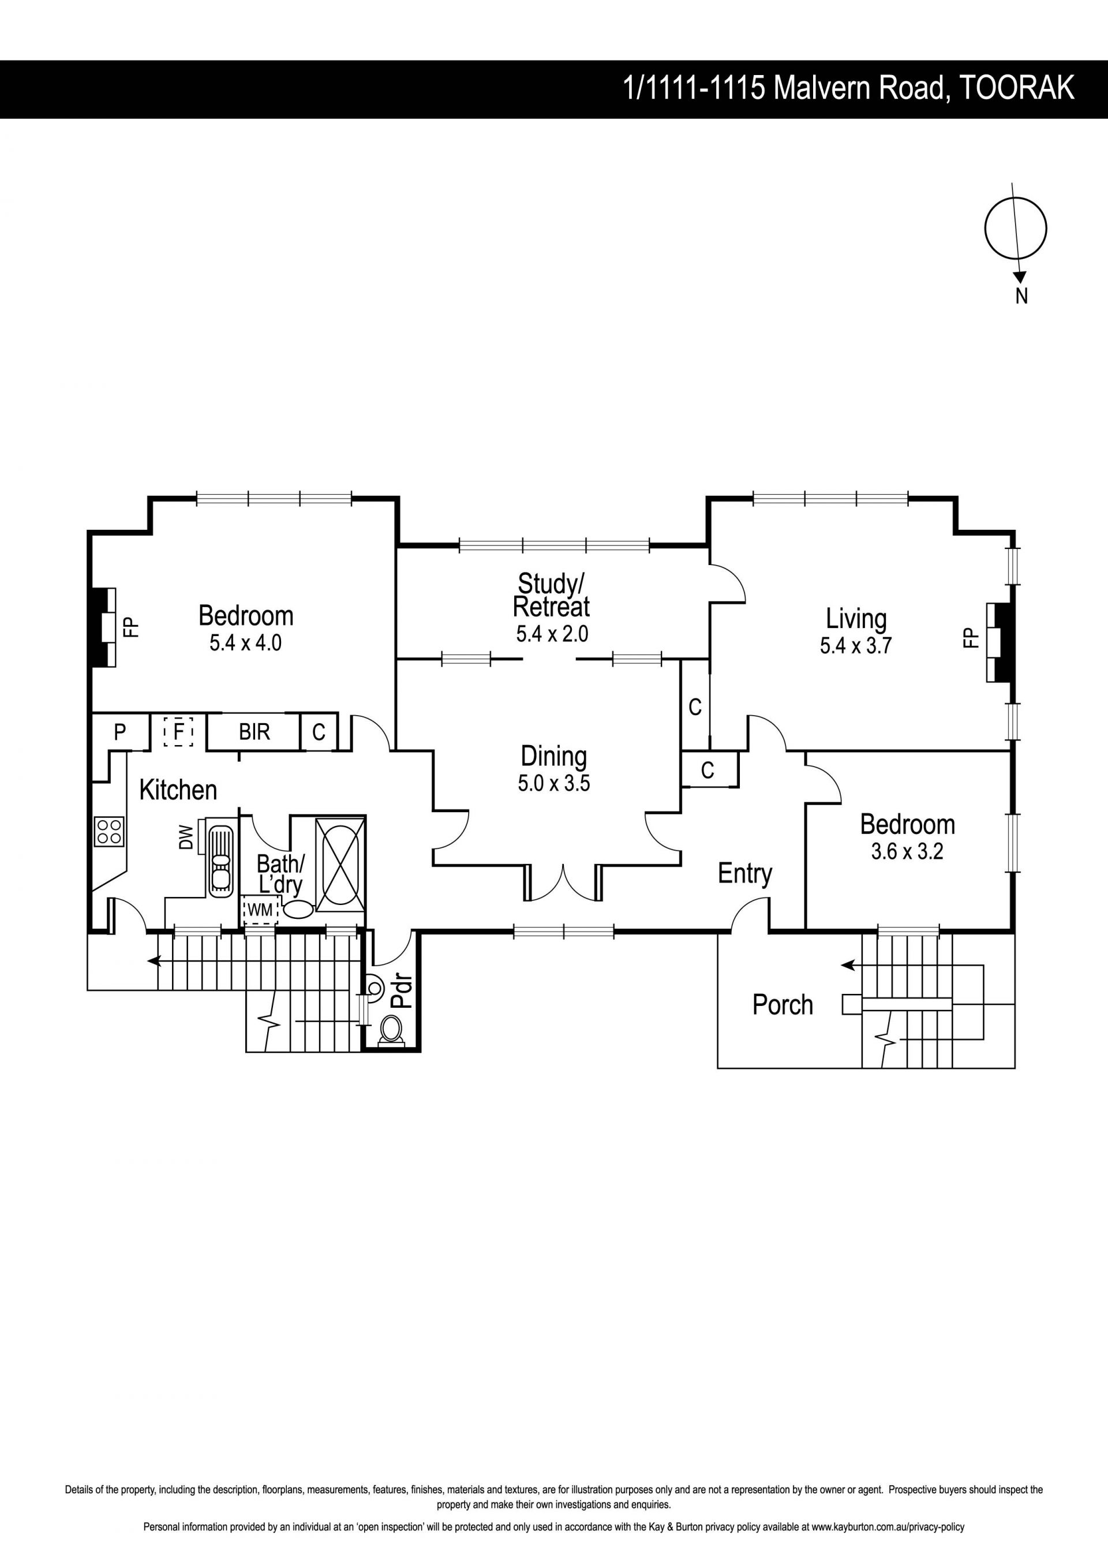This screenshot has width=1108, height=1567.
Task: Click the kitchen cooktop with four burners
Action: tap(109, 832)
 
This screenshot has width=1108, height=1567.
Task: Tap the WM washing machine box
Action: tap(260, 910)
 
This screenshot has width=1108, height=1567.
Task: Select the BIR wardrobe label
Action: tap(254, 732)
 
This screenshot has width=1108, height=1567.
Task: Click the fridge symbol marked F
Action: tap(179, 732)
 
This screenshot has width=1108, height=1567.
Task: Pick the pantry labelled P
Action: tap(120, 732)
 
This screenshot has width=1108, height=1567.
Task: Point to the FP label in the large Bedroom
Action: tap(130, 627)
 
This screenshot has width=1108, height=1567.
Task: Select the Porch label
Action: tap(783, 1005)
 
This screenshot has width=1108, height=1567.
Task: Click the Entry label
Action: tap(745, 874)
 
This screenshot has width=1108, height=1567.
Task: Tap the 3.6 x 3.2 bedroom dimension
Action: tap(907, 852)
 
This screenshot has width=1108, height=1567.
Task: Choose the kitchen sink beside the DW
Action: tap(220, 858)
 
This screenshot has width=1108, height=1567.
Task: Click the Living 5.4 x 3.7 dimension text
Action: tap(856, 646)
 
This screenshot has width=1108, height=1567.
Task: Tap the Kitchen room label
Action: tap(178, 790)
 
